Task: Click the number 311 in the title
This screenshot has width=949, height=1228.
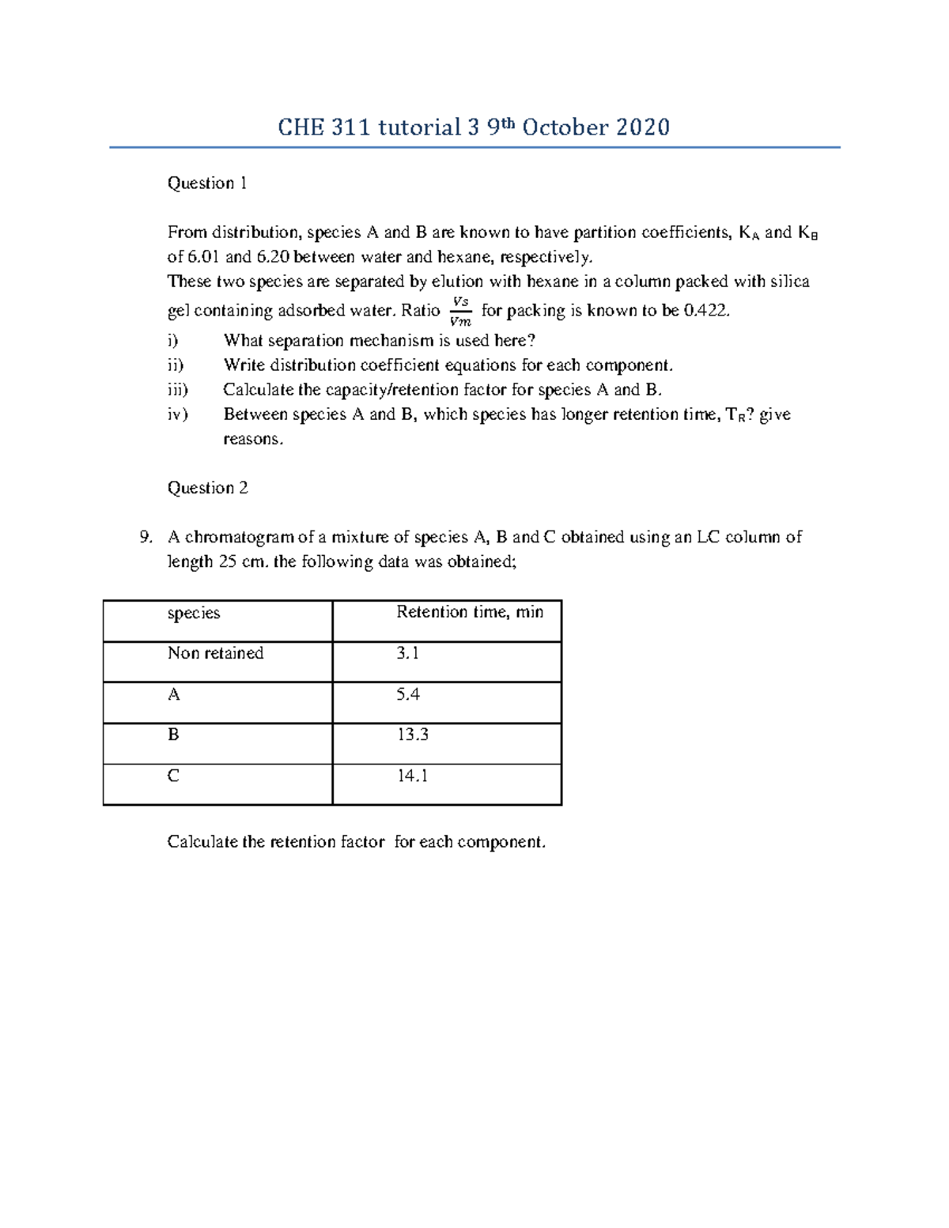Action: tap(350, 127)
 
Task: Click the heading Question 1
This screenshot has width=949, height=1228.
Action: tap(207, 183)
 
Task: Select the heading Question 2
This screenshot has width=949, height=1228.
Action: tap(207, 488)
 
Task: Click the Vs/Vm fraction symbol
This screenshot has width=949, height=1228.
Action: tap(459, 312)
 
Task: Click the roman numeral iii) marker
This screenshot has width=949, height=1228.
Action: tap(178, 390)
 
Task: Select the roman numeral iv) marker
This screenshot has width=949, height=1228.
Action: tap(178, 414)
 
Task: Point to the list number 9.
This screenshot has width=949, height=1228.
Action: tap(146, 538)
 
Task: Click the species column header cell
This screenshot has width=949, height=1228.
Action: tap(194, 614)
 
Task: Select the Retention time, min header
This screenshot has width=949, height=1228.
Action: tap(470, 612)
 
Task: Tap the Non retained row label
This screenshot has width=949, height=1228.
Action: tap(215, 653)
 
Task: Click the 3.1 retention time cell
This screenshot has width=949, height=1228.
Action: tap(408, 653)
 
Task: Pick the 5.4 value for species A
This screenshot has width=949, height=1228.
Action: tap(408, 694)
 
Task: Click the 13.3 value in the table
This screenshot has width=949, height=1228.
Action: tap(412, 735)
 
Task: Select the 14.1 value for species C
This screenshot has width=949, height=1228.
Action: tap(412, 776)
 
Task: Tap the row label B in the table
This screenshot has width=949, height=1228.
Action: tap(173, 735)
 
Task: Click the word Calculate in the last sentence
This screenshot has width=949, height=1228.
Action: tap(202, 842)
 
